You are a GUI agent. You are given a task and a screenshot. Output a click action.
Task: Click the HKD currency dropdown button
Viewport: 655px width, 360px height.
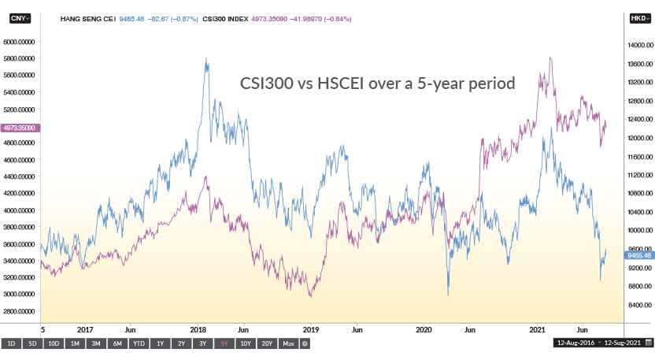point(637,16)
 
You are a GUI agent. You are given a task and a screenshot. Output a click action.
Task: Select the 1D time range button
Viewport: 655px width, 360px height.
point(11,343)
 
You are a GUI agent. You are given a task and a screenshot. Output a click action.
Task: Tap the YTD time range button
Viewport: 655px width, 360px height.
point(138,343)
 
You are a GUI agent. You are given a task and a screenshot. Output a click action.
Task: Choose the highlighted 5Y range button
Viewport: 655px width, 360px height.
point(224,343)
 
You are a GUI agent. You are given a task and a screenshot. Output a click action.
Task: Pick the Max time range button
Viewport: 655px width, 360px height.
point(288,343)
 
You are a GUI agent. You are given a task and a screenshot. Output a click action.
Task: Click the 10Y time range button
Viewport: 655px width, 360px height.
point(246,343)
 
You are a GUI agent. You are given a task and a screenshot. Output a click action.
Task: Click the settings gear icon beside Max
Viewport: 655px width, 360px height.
point(304,343)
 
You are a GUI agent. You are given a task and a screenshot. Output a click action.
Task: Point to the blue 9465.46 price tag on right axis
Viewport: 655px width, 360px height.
point(637,255)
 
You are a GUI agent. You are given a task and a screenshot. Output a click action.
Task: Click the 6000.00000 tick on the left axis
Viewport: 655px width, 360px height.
point(21,42)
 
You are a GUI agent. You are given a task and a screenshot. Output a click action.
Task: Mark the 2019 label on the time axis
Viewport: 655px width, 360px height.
point(311,329)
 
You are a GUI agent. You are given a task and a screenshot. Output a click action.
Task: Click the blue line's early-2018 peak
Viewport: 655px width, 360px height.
point(206,59)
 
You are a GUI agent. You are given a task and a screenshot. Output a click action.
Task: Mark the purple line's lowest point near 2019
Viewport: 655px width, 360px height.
point(310,296)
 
